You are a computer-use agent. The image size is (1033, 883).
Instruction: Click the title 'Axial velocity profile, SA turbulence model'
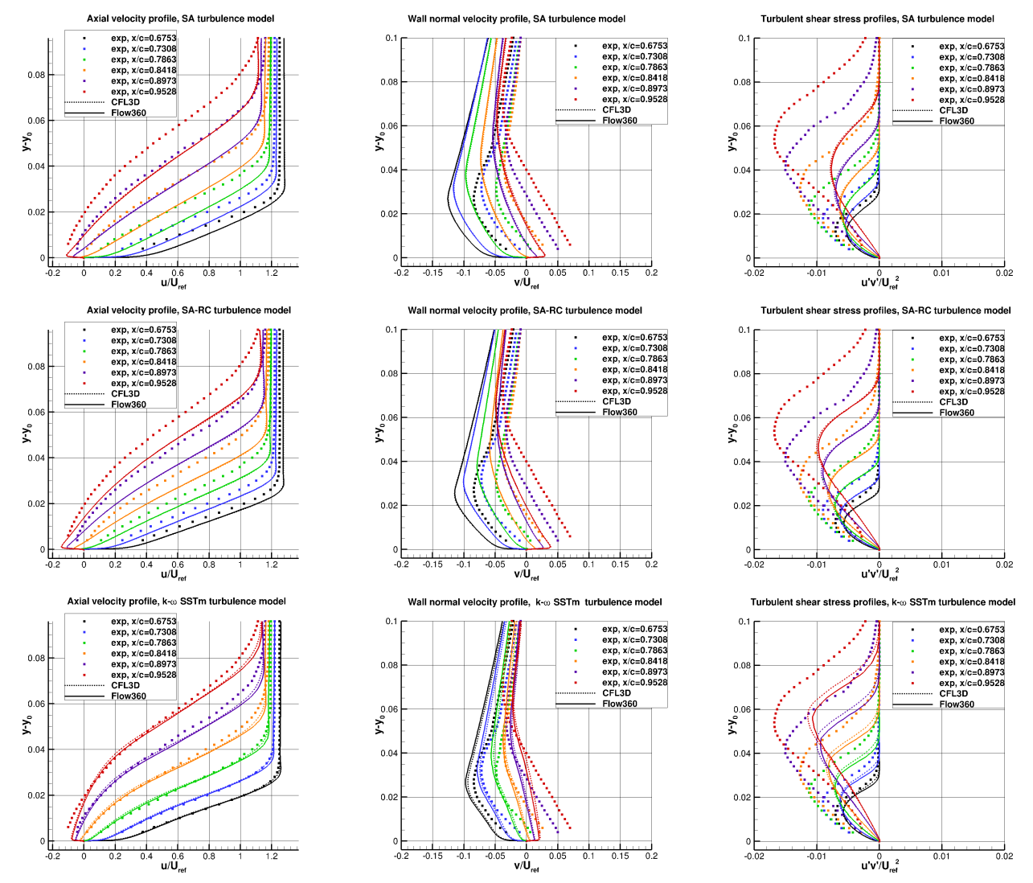[180, 18]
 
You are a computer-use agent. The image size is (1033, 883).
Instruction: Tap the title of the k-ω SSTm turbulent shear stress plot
[883, 602]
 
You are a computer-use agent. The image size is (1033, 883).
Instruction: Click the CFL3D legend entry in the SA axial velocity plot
[125, 102]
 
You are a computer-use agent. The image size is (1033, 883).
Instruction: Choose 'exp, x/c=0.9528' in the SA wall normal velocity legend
[634, 100]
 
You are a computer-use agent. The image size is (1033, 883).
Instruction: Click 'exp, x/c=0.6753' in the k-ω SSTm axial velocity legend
[143, 622]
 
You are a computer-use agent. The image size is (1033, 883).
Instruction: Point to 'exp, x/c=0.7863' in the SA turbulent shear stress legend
[971, 68]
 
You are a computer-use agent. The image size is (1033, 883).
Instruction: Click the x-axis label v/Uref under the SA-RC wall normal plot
[527, 575]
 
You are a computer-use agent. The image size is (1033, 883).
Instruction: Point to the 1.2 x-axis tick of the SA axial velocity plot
[271, 273]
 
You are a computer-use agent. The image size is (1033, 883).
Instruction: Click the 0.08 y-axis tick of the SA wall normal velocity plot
[389, 82]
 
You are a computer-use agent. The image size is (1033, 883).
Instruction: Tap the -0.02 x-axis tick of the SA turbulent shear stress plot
[753, 273]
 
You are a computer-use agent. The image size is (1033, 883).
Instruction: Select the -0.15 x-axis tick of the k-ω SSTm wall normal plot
[432, 856]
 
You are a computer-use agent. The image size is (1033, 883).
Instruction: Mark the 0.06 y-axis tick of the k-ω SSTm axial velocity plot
[37, 704]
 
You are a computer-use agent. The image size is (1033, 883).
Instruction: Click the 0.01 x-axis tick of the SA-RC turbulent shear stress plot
[941, 565]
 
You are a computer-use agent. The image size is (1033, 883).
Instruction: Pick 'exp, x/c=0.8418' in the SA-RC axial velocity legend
[143, 362]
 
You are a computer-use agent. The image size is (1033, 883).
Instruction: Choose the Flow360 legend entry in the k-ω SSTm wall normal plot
[620, 704]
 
